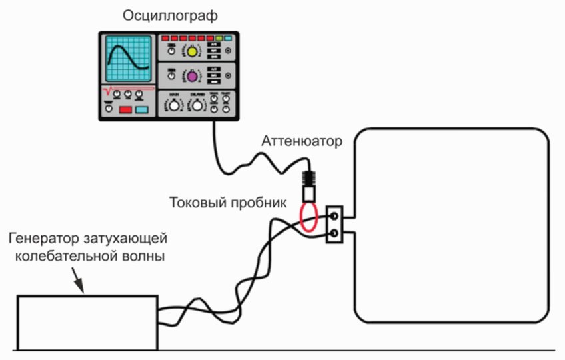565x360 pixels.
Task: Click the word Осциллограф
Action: [x=168, y=15]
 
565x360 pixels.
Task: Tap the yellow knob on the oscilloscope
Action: [x=192, y=51]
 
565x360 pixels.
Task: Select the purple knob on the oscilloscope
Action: [x=192, y=77]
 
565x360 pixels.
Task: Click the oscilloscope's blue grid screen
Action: [x=130, y=60]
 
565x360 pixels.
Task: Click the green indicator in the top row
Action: [x=218, y=38]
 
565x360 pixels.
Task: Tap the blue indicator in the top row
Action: [x=227, y=38]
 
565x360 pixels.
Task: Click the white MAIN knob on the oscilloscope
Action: [x=175, y=105]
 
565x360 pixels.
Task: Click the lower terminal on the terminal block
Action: [x=333, y=233]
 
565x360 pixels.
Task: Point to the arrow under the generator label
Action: [x=78, y=283]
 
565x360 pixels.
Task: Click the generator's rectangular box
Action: [x=86, y=323]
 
